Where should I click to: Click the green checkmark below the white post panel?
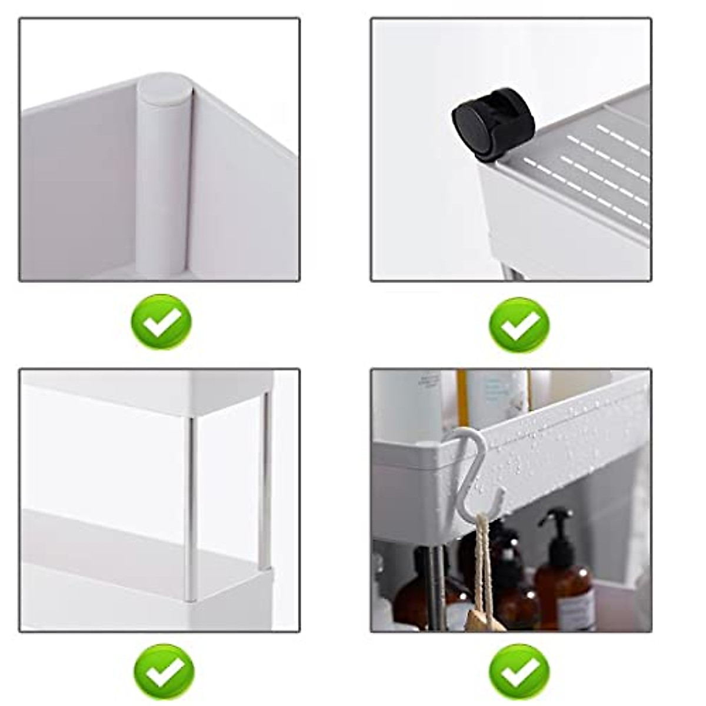pos(161,322)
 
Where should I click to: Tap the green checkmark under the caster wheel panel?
pos(519,325)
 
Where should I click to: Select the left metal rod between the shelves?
pos(191,506)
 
